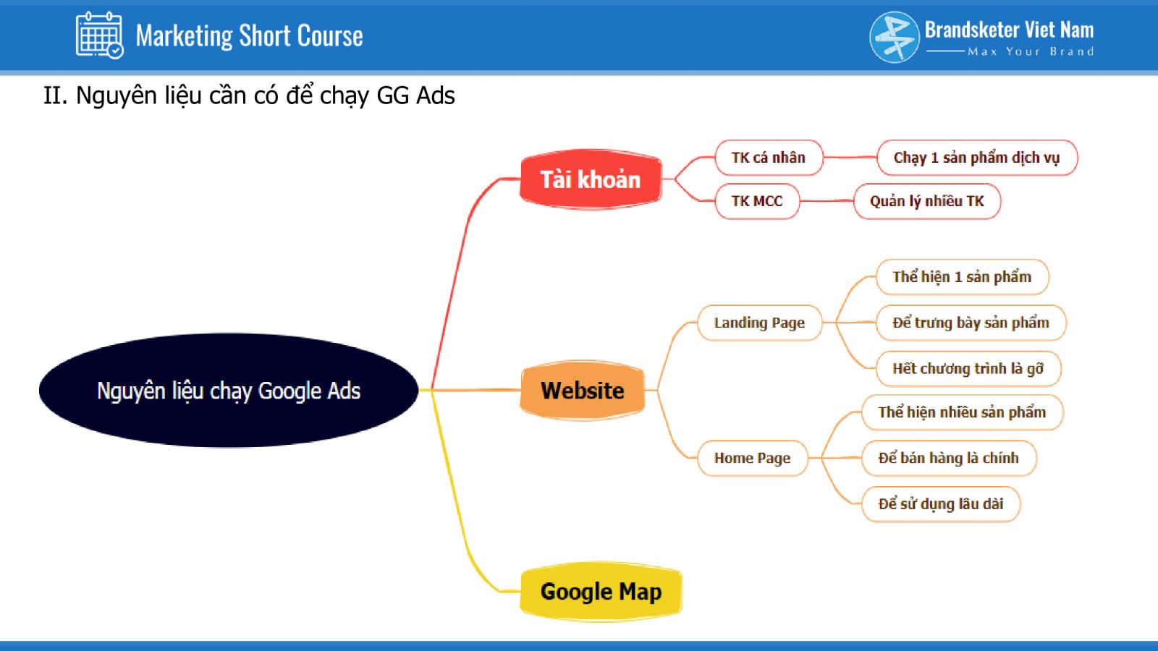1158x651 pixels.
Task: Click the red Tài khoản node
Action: tap(591, 179)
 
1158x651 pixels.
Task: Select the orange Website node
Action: tap(582, 390)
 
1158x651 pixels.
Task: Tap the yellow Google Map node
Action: tap(601, 592)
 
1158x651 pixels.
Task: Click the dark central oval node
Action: tap(229, 390)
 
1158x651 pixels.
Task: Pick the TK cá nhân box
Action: tap(768, 158)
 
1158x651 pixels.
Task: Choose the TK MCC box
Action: tap(757, 201)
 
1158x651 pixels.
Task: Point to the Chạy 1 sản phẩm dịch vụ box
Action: tap(977, 158)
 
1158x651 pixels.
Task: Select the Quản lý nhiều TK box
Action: tap(927, 201)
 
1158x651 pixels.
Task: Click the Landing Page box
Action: tap(759, 323)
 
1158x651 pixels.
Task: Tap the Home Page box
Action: tap(752, 458)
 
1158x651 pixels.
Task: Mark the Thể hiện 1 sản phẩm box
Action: tap(962, 277)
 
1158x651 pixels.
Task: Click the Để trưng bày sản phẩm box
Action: tap(971, 323)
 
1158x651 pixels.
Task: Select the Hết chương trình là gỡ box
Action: tap(968, 368)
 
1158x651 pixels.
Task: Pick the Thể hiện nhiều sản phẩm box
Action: tap(962, 412)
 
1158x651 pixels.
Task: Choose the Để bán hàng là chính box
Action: tap(949, 458)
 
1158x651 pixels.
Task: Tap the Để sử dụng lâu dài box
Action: tap(941, 503)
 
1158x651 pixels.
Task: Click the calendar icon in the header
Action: tap(99, 35)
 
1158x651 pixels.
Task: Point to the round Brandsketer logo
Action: tap(895, 37)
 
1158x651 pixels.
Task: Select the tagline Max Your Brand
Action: tap(1031, 51)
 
